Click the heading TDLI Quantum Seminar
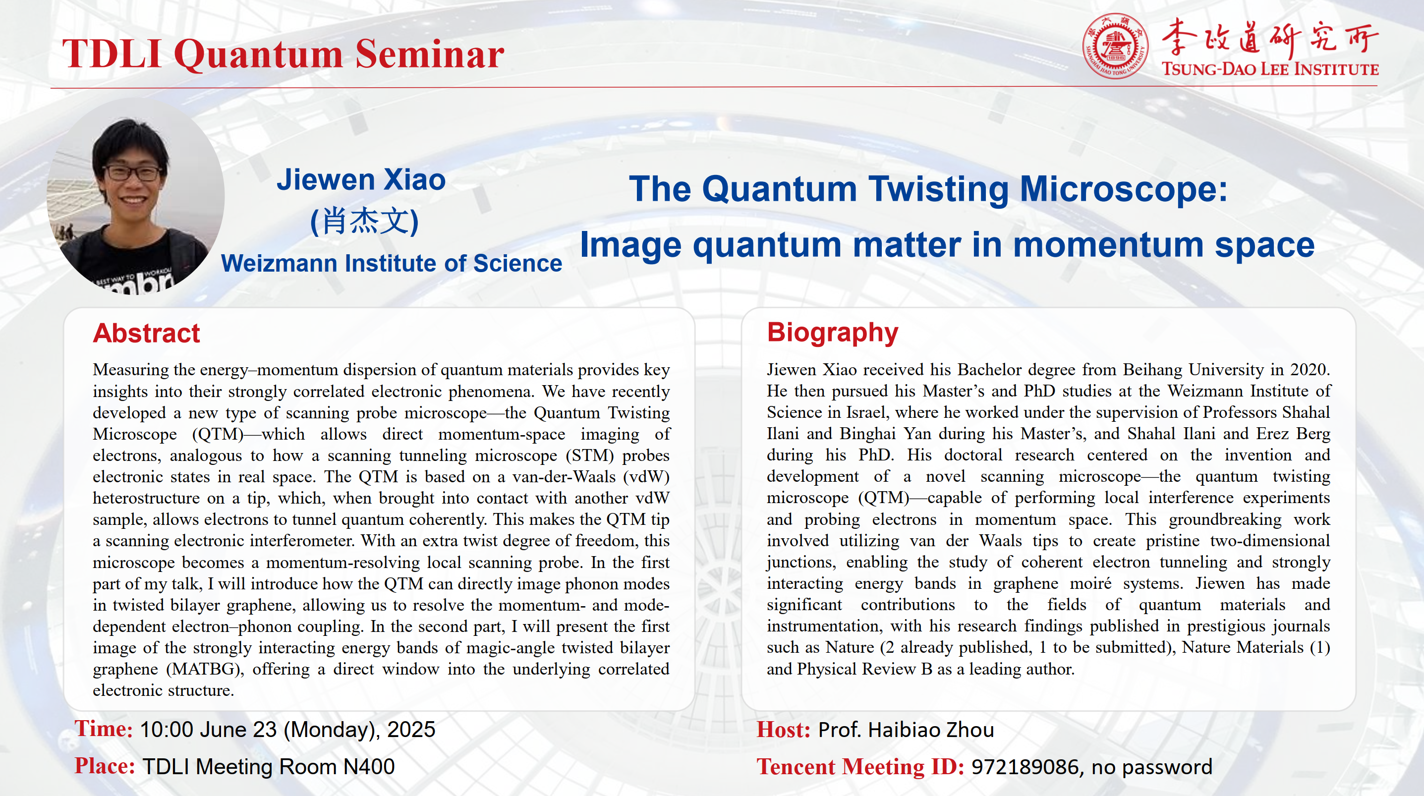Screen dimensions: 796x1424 point(283,54)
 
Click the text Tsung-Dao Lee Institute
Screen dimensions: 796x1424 point(1270,69)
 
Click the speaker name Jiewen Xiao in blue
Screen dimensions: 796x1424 point(361,179)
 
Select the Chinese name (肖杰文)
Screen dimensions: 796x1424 point(364,221)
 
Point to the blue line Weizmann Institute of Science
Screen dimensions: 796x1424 point(392,263)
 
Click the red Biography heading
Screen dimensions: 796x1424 point(832,333)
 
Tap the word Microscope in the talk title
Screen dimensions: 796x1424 point(1122,189)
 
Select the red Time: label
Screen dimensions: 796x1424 point(104,729)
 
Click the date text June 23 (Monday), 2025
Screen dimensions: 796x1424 point(317,730)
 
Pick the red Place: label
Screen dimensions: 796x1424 point(105,767)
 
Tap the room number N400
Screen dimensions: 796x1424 point(369,767)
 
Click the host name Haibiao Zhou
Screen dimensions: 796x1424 point(931,730)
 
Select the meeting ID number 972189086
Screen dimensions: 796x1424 point(1025,767)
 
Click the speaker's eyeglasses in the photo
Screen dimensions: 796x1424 point(131,173)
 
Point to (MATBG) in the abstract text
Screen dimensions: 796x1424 point(205,670)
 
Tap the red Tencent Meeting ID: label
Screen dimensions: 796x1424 point(859,767)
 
